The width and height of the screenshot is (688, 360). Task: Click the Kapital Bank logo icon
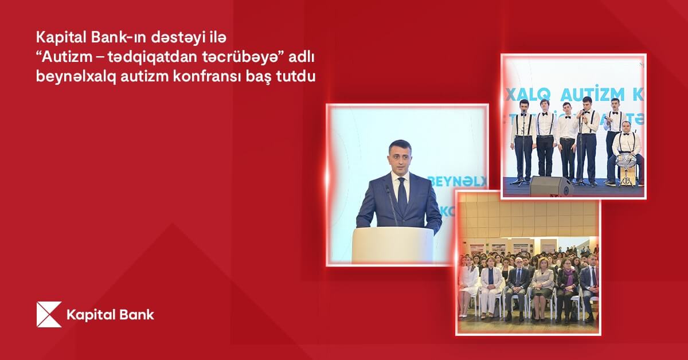(49, 314)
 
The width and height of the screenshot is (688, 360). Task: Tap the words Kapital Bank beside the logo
(110, 315)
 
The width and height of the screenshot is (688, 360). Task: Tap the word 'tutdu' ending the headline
(298, 77)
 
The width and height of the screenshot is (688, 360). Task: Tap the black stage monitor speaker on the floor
(551, 186)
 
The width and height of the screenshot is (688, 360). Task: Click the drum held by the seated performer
(626, 160)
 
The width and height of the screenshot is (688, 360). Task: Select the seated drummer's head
(626, 126)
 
